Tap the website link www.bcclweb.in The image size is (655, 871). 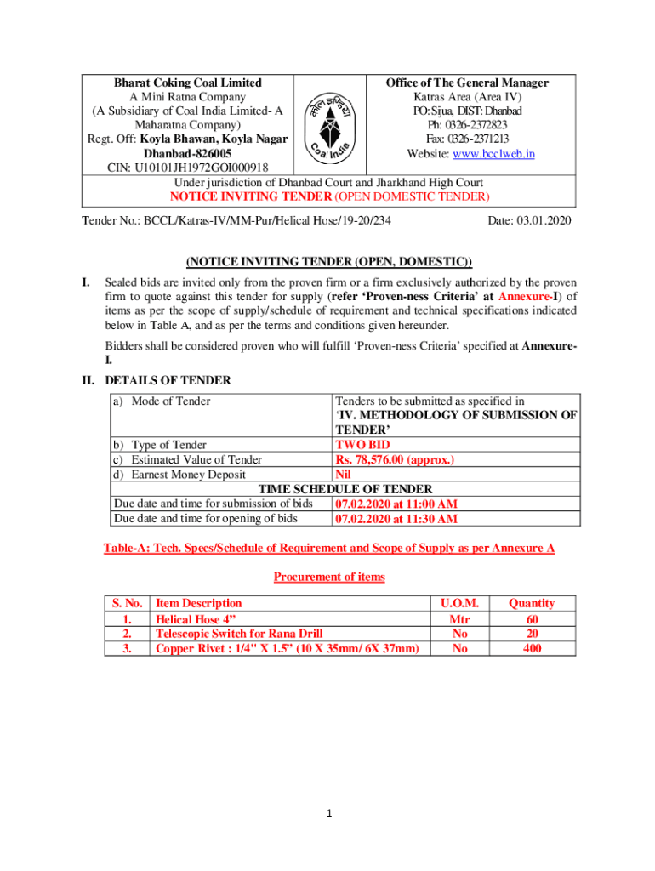coord(504,153)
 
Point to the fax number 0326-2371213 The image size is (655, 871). coord(467,139)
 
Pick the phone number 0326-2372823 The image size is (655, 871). coord(467,125)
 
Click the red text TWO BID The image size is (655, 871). coord(363,445)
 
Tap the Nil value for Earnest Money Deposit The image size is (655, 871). coord(345,474)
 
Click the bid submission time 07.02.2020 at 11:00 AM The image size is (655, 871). coord(396,504)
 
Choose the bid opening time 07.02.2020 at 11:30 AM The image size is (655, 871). coord(396,518)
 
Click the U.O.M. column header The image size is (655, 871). coord(459,603)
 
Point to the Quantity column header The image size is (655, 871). coord(532,603)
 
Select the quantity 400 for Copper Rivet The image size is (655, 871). coord(532,648)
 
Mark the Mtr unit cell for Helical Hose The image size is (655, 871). coord(459,618)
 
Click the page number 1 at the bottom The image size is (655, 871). coord(328,813)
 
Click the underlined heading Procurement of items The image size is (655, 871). coord(328,577)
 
